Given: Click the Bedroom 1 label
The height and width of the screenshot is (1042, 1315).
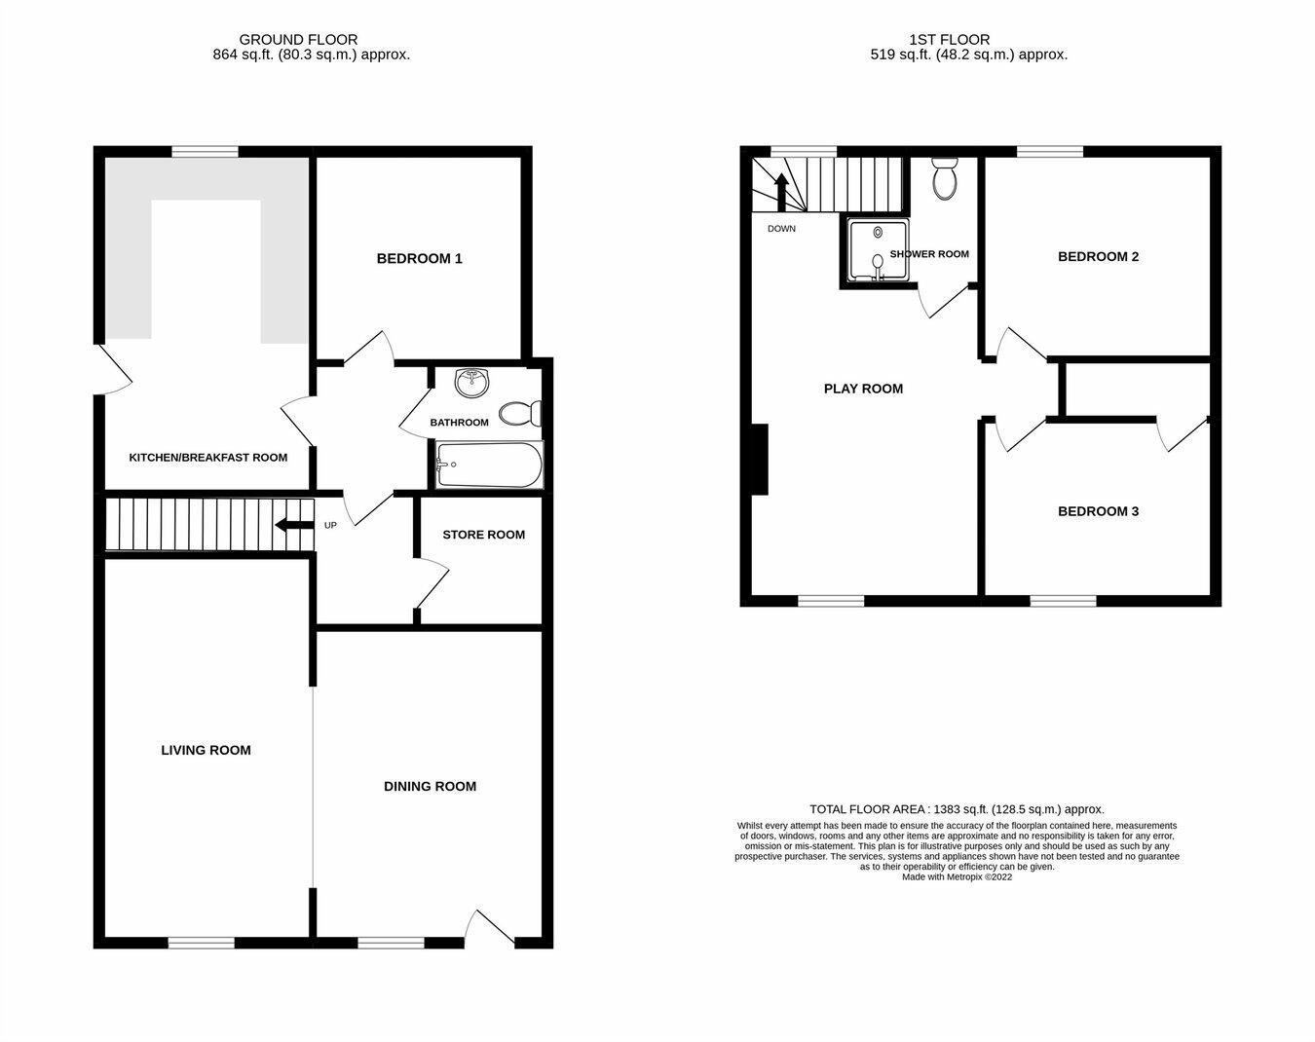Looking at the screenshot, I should tap(419, 258).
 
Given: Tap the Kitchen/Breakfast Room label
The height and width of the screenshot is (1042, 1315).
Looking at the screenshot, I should tap(208, 457).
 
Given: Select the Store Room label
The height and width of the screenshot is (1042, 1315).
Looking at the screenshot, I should tap(483, 535).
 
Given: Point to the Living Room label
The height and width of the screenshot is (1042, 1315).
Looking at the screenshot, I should tap(206, 750).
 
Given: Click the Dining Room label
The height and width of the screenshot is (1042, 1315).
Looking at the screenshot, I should tap(430, 786).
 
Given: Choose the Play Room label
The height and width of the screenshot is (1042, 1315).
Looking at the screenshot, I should tap(863, 389).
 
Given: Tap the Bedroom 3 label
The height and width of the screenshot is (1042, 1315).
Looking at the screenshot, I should tap(1098, 511).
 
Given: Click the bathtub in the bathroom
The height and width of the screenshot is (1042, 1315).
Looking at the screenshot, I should tap(488, 465).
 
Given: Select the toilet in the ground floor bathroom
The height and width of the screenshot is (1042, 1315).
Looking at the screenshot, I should tap(519, 414).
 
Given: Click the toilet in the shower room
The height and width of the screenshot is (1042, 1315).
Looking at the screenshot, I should tap(944, 179).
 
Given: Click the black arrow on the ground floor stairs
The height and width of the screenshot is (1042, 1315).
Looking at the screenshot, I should tap(289, 526).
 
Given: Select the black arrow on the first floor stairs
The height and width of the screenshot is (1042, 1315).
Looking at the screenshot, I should tap(780, 191).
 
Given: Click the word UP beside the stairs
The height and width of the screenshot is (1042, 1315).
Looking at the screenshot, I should tap(330, 526).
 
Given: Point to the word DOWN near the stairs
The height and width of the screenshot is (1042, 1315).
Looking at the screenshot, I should tap(781, 229).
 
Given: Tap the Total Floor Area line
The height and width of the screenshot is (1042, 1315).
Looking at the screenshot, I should tap(957, 809).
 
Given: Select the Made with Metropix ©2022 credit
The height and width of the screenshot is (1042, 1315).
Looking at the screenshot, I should tap(957, 876).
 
